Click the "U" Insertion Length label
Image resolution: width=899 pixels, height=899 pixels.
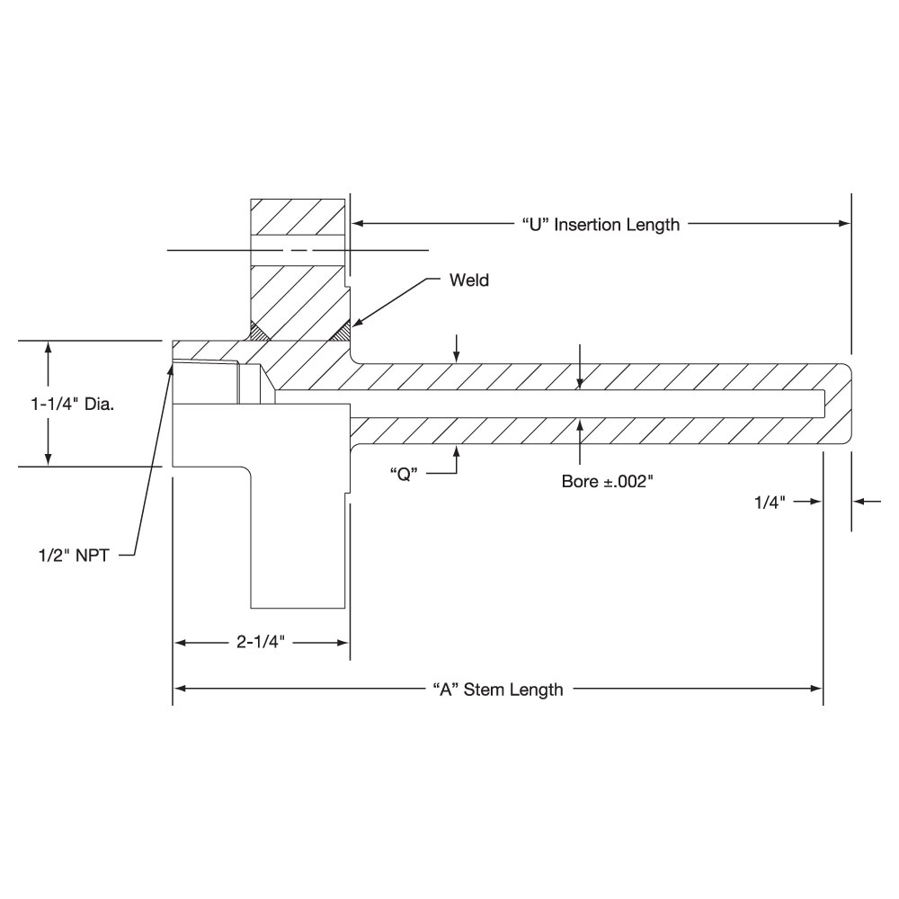click(601, 224)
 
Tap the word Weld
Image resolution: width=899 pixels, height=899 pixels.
click(469, 280)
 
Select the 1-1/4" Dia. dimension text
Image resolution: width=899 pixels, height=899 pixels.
click(72, 405)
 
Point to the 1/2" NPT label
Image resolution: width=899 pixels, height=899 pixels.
click(74, 555)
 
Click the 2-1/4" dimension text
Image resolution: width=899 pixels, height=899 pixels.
click(261, 642)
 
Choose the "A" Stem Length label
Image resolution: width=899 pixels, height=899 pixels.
click(498, 690)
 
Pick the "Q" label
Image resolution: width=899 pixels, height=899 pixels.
click(404, 474)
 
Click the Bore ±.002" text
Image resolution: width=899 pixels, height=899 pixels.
click(608, 481)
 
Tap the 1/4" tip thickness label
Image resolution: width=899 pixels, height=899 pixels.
click(770, 503)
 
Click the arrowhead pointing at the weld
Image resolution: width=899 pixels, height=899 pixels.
click(355, 323)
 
